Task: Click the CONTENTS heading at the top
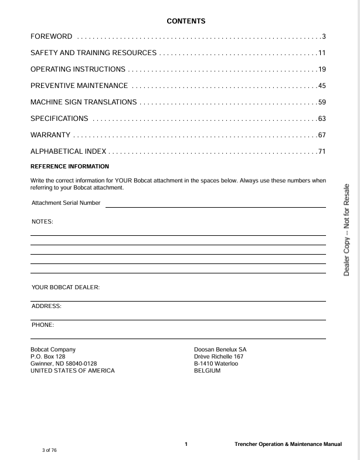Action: [186, 21]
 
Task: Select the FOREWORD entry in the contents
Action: [52, 37]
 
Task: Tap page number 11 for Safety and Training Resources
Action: [322, 53]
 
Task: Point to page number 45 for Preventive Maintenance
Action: [322, 86]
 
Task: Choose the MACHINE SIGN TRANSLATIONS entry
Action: [84, 103]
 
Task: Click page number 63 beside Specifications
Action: [322, 119]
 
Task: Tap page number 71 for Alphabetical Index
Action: [322, 152]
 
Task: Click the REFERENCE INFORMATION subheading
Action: [70, 167]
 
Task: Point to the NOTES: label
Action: [42, 222]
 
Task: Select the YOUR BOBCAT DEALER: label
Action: [66, 287]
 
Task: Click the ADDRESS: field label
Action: [46, 306]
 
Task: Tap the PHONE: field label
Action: [43, 325]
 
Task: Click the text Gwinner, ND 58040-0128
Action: [64, 364]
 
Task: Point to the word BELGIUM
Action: [207, 371]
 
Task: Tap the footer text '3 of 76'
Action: [50, 450]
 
